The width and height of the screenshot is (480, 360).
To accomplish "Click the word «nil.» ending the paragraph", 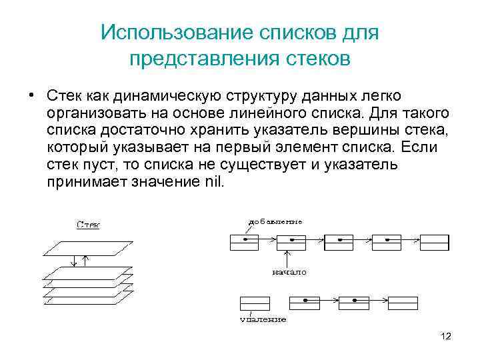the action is click(x=213, y=181).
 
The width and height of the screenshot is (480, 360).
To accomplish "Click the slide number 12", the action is click(x=445, y=336).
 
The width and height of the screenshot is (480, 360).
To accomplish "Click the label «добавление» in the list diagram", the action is click(x=275, y=221).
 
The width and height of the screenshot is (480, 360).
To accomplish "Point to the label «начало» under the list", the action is click(x=289, y=273).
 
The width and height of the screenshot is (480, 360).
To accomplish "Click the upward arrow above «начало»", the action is click(x=287, y=257).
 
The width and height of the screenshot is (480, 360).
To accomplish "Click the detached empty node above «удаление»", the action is click(x=249, y=304).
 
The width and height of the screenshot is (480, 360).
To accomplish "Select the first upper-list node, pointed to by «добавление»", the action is click(x=244, y=243).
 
